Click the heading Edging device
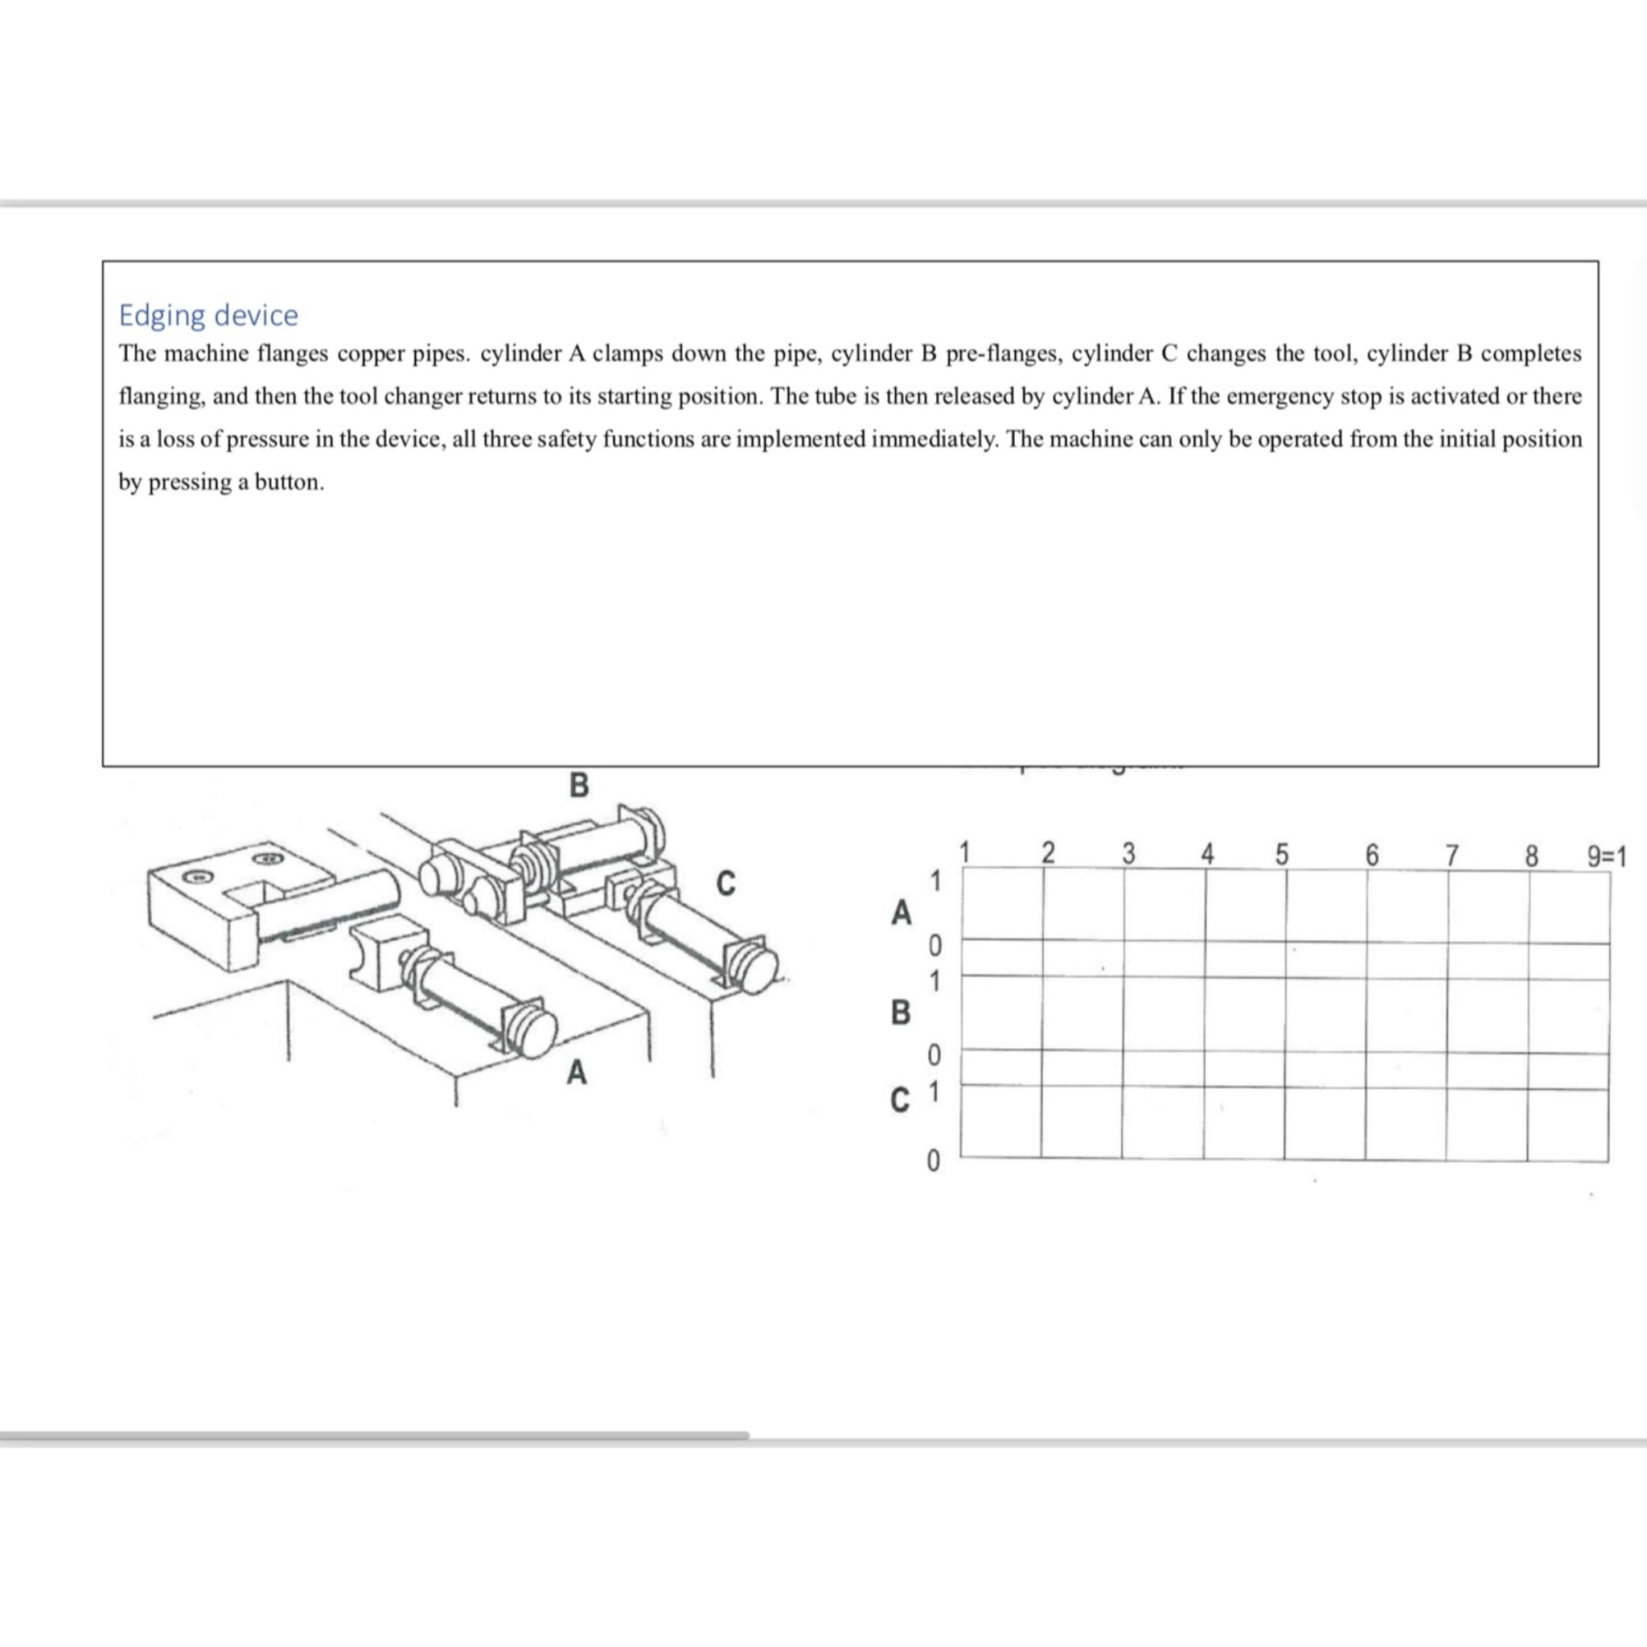(x=208, y=314)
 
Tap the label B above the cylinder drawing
(x=578, y=784)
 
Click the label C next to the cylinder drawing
(x=725, y=883)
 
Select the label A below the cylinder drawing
(x=577, y=1071)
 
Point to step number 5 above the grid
(x=1281, y=854)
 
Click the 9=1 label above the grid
(x=1606, y=856)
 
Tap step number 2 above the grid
(x=1048, y=852)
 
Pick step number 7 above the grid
(x=1452, y=854)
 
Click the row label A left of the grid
(x=901, y=913)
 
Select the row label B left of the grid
(x=900, y=1012)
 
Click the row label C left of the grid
(x=899, y=1101)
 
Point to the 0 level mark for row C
(x=933, y=1161)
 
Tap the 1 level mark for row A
(x=935, y=881)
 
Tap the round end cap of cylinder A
(x=535, y=1033)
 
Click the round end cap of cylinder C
(x=756, y=968)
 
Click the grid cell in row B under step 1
(x=1002, y=1013)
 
